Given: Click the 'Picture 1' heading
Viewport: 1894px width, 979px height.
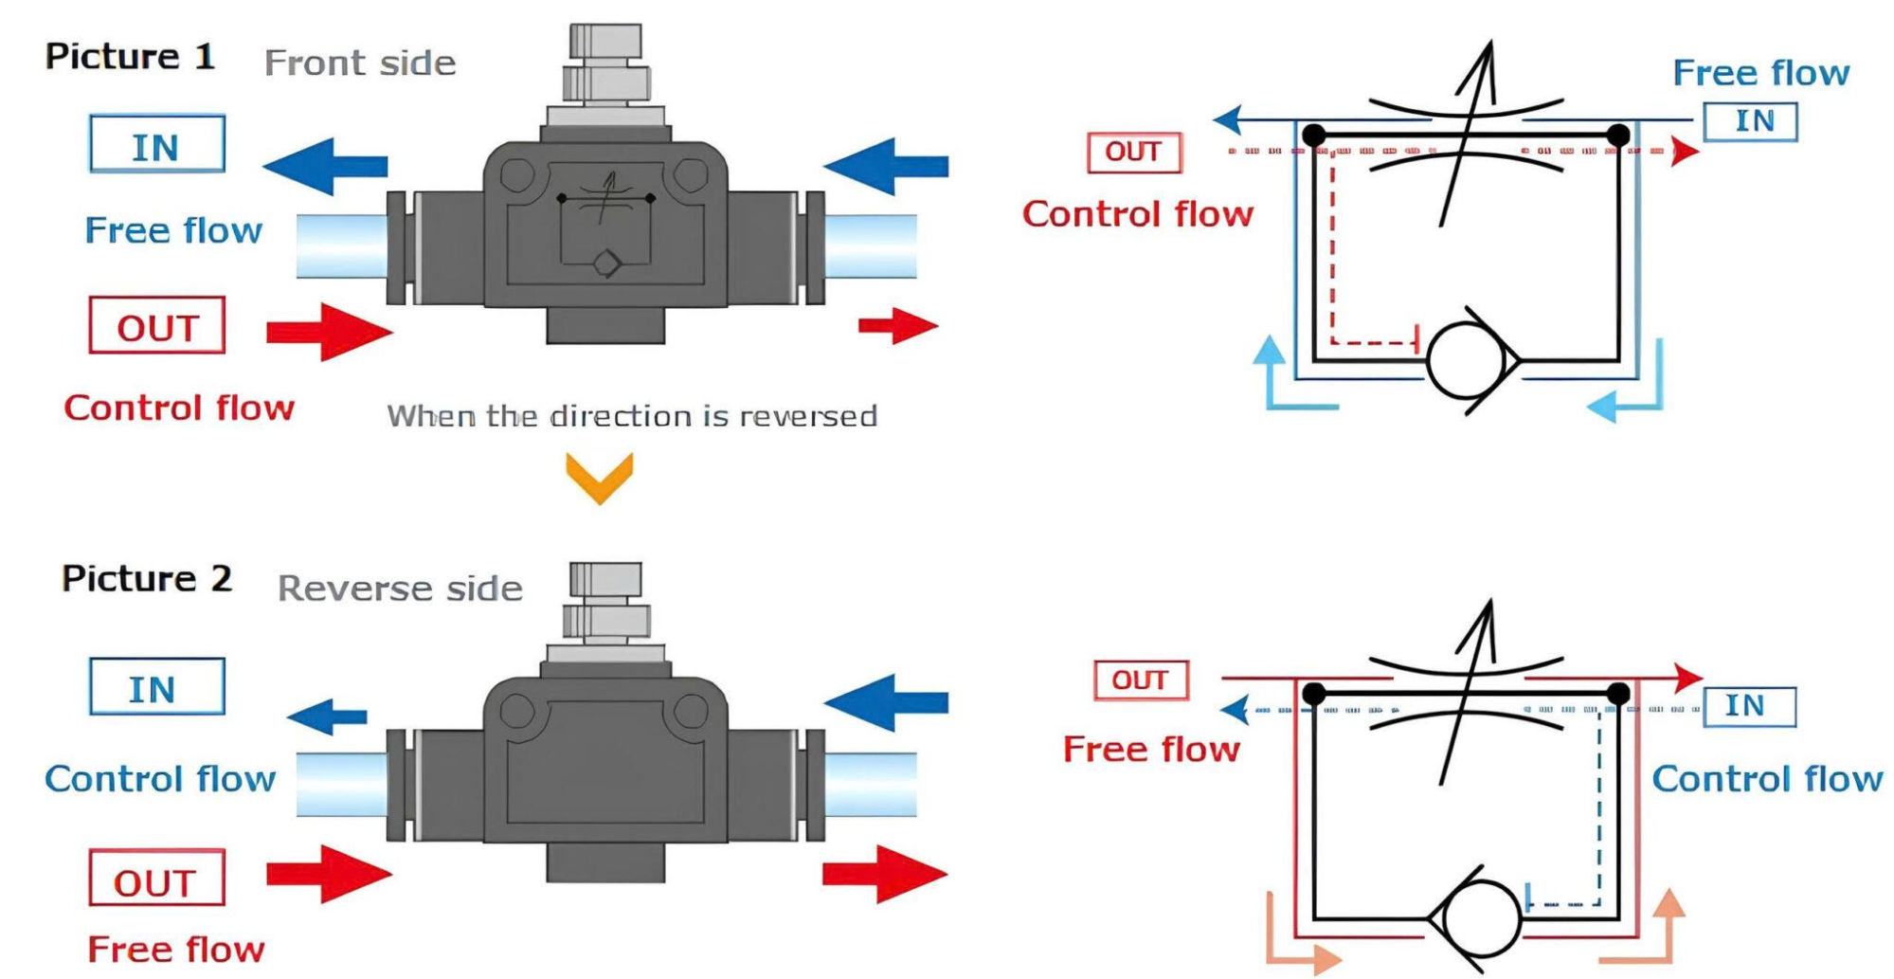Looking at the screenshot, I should pos(130,57).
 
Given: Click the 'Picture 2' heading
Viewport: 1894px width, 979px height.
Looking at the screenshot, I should pos(146,578).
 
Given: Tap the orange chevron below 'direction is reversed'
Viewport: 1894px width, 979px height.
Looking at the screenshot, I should pos(599,476).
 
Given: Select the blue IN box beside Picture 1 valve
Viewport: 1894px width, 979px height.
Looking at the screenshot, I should pos(157,145).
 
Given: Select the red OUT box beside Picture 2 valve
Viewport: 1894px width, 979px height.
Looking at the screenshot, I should pos(156,879).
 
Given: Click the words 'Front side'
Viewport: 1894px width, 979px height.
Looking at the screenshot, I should pos(360,63).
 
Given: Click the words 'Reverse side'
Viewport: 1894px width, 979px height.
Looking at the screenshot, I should pos(400,589).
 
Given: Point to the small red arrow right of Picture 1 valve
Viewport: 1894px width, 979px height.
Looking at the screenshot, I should pos(897,326).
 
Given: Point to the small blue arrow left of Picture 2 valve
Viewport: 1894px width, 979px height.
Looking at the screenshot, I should pos(327,716).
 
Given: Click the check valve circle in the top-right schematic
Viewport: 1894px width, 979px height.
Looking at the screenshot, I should pos(1468,361).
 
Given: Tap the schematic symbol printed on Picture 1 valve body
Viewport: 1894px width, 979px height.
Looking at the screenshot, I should pos(605,226).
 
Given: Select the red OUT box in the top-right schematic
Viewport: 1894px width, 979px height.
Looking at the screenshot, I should pos(1134,153).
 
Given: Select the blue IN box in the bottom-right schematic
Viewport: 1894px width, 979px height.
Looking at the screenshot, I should pos(1749,707).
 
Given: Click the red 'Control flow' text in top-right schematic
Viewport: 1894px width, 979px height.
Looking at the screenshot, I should pos(1137,214).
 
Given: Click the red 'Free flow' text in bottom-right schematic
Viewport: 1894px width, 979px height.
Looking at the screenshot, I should pos(1151,750).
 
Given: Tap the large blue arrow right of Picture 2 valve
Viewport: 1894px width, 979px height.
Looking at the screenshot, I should pos(886,702).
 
